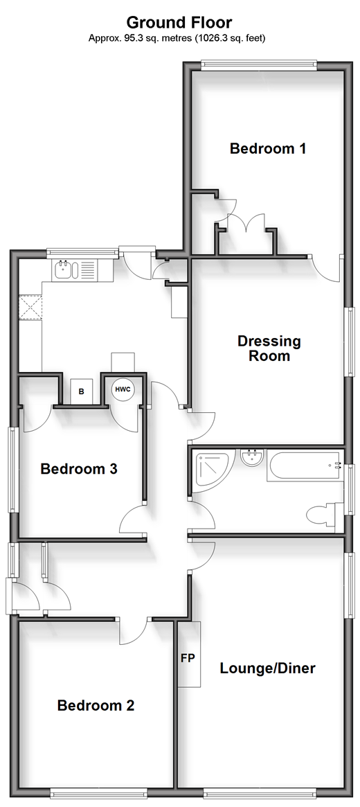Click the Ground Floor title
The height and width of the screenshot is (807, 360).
pyautogui.click(x=179, y=23)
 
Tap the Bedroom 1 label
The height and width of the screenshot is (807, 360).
pyautogui.click(x=268, y=149)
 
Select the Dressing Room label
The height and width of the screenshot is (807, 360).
pyautogui.click(x=269, y=348)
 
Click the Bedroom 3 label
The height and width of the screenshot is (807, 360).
pyautogui.click(x=79, y=469)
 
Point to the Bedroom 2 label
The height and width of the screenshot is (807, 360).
pyautogui.click(x=96, y=705)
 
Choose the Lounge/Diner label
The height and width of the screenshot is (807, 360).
pyautogui.click(x=267, y=668)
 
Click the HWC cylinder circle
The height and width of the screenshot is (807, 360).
pyautogui.click(x=123, y=389)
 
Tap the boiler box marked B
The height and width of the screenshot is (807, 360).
pyautogui.click(x=81, y=391)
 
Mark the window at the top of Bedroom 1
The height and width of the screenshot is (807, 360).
pyautogui.click(x=259, y=64)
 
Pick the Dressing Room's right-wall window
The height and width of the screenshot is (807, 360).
pyautogui.click(x=350, y=342)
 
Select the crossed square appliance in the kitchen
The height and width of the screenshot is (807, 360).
pyautogui.click(x=30, y=308)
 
